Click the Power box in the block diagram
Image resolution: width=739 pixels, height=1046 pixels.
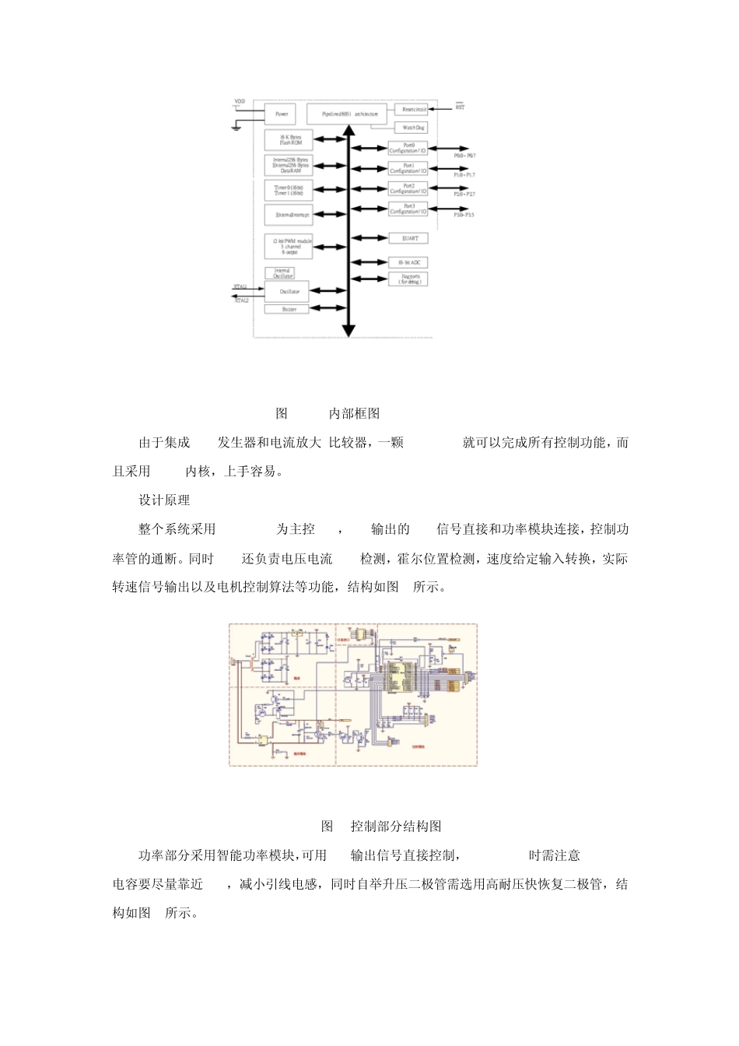pos(281,114)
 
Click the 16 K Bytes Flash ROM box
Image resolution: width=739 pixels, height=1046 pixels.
pos(290,141)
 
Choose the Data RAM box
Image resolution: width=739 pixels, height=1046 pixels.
pos(290,165)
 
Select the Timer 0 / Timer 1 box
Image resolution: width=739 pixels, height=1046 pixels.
pos(290,191)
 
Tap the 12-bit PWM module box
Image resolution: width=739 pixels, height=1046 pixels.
pos(290,247)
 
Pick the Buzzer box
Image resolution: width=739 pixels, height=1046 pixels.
pos(285,309)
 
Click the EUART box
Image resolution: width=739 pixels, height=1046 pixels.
pos(408,238)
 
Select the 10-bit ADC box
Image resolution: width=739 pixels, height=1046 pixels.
pos(408,263)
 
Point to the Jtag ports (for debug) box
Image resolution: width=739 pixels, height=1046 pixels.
pos(408,279)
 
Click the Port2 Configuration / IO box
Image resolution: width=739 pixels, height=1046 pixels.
pos(408,188)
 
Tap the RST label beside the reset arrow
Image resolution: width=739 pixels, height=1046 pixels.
pos(461,107)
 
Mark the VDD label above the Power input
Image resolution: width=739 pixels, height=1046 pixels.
pos(240,102)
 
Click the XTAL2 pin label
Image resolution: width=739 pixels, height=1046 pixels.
pos(241,300)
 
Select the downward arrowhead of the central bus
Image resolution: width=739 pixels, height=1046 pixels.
pos(348,330)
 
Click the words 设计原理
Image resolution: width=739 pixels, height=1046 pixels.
pos(164,500)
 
